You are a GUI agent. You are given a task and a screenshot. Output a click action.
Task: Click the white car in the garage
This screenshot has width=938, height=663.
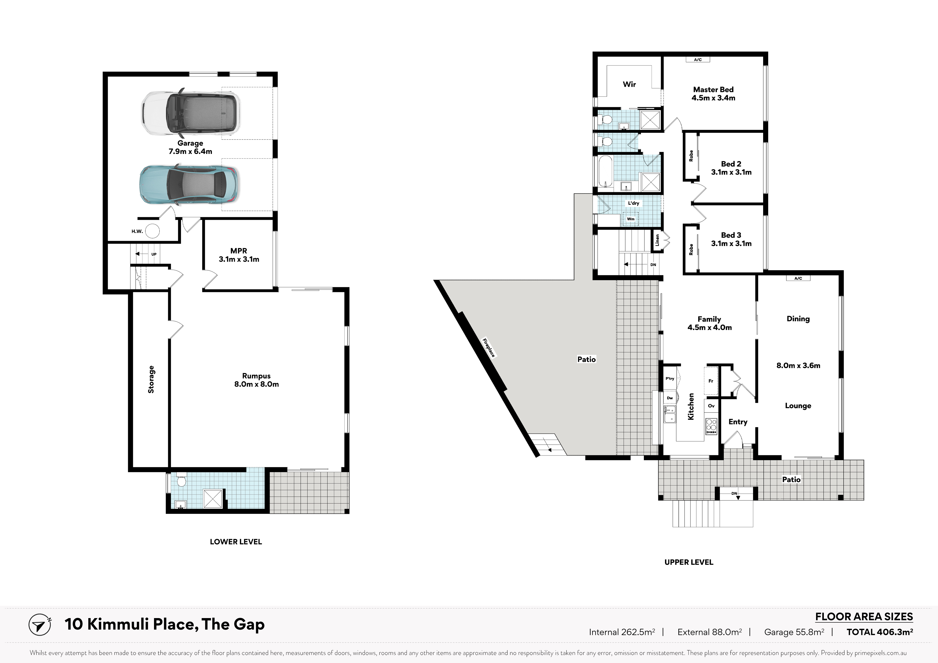[x=191, y=112]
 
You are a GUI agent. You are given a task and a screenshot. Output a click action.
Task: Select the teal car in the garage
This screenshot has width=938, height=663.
[x=189, y=185]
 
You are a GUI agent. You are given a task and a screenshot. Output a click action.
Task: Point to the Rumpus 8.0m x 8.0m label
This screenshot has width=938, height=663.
[x=257, y=380]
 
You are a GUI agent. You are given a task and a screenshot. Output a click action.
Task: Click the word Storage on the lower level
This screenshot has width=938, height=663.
[x=151, y=380]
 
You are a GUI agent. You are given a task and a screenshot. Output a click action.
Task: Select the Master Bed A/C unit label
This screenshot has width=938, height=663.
[x=698, y=60]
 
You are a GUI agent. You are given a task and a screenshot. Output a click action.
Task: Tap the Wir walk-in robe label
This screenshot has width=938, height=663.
[x=629, y=84]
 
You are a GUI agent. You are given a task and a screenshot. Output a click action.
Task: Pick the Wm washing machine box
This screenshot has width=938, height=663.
[x=631, y=219]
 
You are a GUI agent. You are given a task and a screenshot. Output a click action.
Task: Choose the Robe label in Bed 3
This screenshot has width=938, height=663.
[x=691, y=249]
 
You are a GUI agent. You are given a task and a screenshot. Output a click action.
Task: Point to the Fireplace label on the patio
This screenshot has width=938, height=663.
[x=489, y=348]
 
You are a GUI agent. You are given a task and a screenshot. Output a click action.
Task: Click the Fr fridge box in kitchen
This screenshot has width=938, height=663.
[x=711, y=381]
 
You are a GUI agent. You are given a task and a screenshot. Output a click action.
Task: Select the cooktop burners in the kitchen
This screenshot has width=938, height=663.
[x=711, y=426]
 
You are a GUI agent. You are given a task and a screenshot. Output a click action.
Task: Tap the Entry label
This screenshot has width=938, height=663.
[x=738, y=422]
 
